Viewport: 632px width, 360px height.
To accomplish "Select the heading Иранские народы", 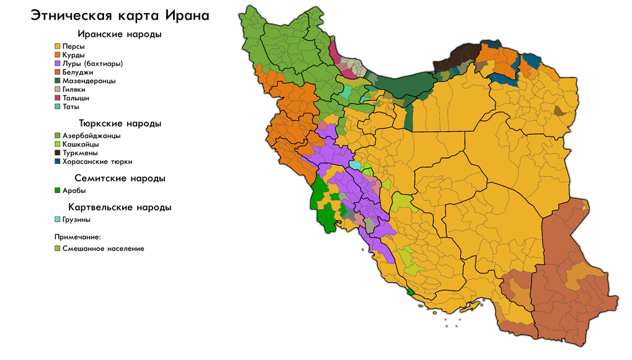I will (x=120, y=34).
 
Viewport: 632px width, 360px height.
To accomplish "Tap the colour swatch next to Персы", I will (x=58, y=47).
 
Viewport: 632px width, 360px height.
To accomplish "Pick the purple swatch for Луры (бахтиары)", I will (x=58, y=64).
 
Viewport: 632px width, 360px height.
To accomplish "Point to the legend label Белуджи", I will (x=78, y=73).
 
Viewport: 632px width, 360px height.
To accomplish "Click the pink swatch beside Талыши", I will (x=58, y=98).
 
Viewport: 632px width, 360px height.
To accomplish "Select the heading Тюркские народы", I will (x=120, y=124).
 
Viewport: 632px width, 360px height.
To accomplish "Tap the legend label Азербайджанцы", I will (x=91, y=135).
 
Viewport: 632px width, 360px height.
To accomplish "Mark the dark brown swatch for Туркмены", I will (x=58, y=153).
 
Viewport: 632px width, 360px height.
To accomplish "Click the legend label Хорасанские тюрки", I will (x=97, y=161).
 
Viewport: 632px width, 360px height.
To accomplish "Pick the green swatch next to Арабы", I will (x=58, y=191).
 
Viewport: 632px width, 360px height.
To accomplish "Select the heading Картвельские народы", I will (x=120, y=207).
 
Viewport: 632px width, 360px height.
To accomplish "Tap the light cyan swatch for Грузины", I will (x=58, y=219).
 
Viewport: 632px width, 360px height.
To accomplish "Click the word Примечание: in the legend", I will (x=77, y=236).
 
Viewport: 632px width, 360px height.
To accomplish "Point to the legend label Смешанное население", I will (x=103, y=248).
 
